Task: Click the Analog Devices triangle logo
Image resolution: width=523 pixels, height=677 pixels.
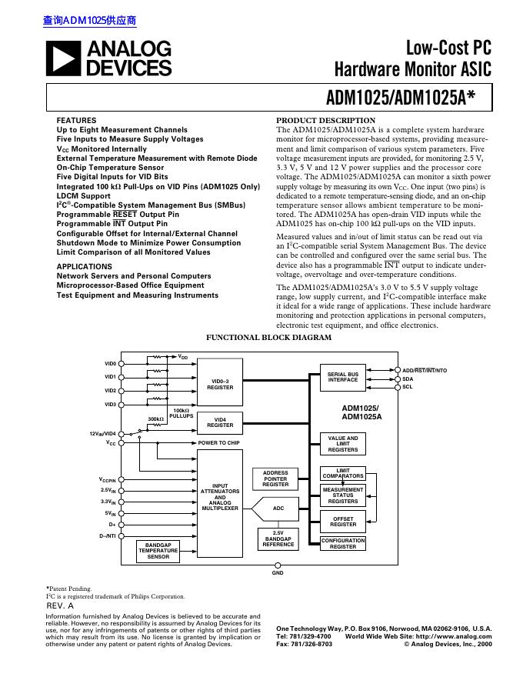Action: coord(64,58)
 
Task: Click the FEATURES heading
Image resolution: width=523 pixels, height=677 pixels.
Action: coord(76,121)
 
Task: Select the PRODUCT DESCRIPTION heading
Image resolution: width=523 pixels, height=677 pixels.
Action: coord(325,121)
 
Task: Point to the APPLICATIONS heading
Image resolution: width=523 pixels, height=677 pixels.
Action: coord(85,266)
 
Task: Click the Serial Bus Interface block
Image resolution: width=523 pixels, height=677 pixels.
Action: coord(343,377)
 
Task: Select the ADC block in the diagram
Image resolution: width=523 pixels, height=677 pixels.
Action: coord(278,509)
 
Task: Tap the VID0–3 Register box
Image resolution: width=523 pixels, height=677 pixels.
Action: coord(220,384)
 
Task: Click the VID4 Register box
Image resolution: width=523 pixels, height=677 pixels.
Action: coord(220,422)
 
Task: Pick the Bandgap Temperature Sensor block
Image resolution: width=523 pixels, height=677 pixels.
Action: coord(158,550)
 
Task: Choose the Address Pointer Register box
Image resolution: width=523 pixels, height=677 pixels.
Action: coord(275,479)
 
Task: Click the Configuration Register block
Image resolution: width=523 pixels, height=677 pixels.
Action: coord(343,544)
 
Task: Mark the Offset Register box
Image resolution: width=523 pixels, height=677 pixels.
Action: coord(343,522)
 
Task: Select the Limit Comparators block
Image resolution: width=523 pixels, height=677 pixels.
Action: coord(343,473)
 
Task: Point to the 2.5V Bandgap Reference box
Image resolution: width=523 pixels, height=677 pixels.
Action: coord(278,539)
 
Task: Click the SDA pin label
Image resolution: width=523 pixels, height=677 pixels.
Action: coord(408,379)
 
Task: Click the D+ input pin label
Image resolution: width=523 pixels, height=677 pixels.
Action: coord(112,524)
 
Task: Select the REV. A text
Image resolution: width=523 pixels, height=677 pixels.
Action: coord(60,606)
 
